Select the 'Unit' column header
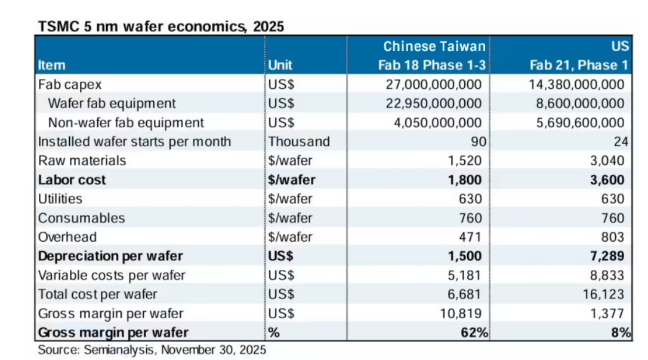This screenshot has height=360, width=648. point(280,65)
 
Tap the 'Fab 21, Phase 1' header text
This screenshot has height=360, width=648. point(578,65)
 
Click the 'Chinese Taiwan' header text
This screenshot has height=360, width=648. point(434,47)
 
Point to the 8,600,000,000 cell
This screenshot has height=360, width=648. point(576,103)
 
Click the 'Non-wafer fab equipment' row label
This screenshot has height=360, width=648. point(126,122)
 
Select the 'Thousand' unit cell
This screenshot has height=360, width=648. point(299,141)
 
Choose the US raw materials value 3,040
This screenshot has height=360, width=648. point(608,161)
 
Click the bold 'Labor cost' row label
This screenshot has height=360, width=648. point(72,180)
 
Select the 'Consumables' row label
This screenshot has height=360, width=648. point(82,218)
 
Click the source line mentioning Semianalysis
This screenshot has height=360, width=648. point(152,350)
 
